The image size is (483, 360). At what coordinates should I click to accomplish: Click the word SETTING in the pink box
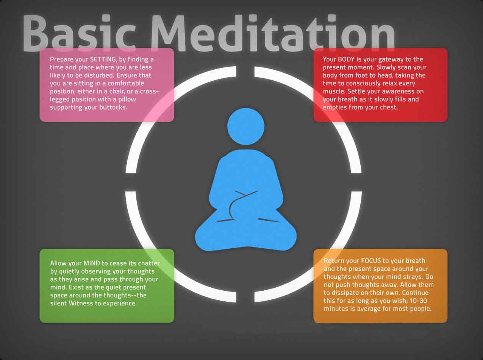103,59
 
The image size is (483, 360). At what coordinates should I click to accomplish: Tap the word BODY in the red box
346,59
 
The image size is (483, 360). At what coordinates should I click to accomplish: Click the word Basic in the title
79,33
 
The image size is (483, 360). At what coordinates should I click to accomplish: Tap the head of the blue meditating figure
246,126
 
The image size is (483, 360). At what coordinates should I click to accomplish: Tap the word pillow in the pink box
127,100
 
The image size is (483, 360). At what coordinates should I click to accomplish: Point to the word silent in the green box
59,303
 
